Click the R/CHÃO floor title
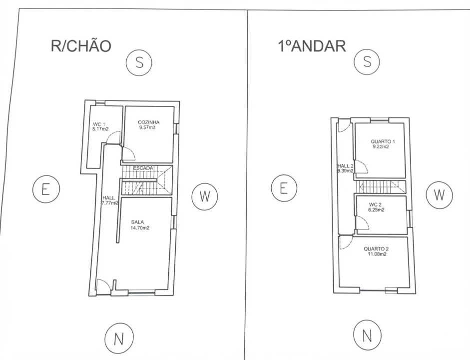[81, 46]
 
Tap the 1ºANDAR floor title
[312, 46]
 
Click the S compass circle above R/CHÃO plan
[139, 62]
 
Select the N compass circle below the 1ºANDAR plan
[367, 335]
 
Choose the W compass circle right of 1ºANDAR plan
[439, 194]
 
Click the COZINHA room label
[149, 122]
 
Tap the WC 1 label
[99, 124]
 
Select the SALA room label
[137, 222]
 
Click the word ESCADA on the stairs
[143, 168]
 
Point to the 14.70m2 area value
[140, 227]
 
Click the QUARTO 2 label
[376, 249]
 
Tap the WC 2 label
[375, 205]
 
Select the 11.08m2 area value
[377, 254]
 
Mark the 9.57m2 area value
[147, 127]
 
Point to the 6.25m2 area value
[376, 210]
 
